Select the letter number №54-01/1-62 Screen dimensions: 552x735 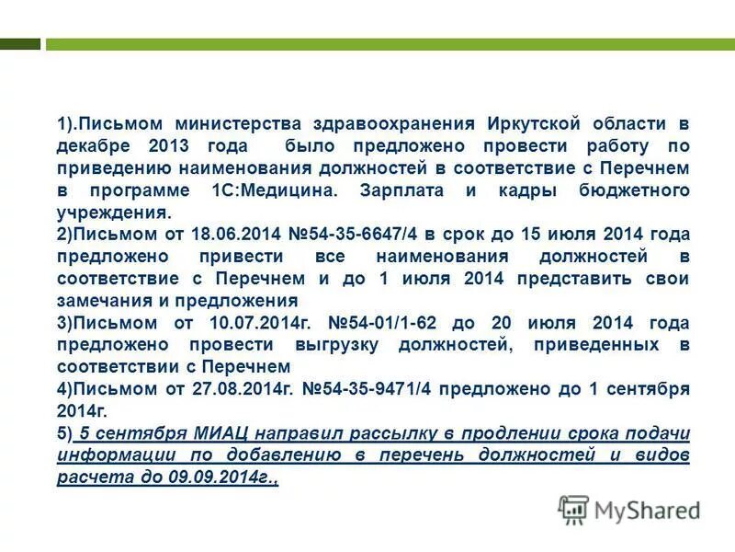point(395,323)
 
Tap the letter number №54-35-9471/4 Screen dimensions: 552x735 point(367,389)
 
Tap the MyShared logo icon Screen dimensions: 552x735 point(573,509)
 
